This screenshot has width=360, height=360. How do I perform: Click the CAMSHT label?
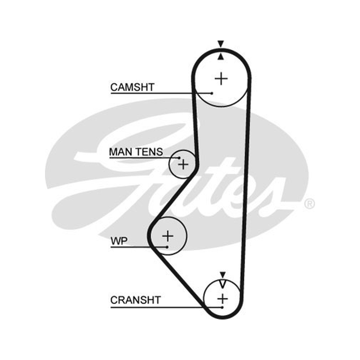click(132, 87)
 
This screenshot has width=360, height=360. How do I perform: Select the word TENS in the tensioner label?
click(149, 152)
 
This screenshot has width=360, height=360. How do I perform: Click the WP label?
click(119, 241)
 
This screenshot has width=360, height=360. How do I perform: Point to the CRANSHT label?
click(135, 300)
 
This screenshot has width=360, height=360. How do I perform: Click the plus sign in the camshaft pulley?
click(221, 79)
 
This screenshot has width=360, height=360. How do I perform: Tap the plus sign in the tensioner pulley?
click(183, 164)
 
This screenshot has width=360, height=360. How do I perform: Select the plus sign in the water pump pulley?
click(167, 236)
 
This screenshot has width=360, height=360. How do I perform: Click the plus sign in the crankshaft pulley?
click(222, 299)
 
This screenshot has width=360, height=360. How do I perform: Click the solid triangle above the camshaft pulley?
click(220, 44)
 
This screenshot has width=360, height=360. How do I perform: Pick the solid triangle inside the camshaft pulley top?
click(220, 57)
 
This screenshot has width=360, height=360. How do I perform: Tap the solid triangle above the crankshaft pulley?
click(222, 274)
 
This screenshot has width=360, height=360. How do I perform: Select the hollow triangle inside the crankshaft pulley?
click(222, 284)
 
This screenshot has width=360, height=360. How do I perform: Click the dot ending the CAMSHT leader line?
click(211, 93)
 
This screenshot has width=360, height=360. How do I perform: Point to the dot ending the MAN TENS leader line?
click(179, 158)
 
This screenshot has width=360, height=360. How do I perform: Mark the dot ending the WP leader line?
click(167, 247)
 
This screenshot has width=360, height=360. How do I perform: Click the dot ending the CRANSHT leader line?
click(222, 307)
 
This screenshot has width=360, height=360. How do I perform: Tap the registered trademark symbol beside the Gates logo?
click(310, 204)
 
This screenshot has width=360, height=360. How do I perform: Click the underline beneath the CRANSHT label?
click(166, 307)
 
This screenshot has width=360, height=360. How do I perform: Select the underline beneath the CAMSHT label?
click(161, 93)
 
